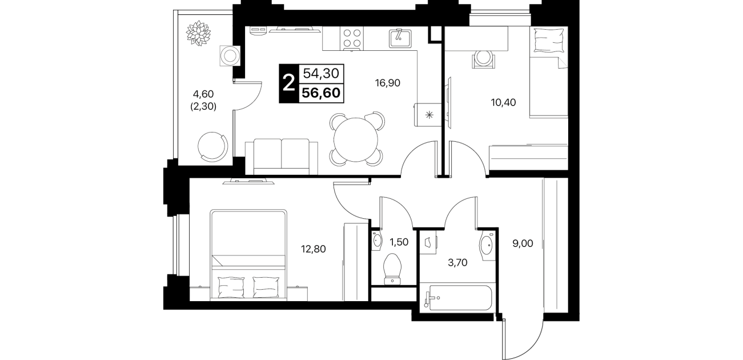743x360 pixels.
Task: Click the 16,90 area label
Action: click(387, 83)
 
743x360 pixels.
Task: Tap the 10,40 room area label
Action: click(503, 102)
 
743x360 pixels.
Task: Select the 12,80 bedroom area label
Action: click(313, 249)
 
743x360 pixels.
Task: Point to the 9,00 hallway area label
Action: click(523, 243)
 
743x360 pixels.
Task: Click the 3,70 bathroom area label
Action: click(457, 263)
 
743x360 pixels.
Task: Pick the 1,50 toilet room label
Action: click(399, 242)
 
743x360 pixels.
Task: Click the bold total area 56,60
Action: click(321, 93)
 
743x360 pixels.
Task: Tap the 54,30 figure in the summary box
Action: click(321, 73)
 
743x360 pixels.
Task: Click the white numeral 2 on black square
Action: click(288, 83)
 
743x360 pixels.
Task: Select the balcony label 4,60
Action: click(203, 94)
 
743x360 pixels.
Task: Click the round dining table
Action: click(356, 139)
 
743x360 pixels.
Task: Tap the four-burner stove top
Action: click(352, 38)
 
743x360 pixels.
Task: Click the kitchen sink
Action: click(400, 38)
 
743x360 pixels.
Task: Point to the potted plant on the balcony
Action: click(198, 33)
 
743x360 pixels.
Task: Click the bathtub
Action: click(457, 298)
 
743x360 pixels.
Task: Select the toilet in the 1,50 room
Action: click(392, 269)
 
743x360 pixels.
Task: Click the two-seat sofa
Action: click(282, 157)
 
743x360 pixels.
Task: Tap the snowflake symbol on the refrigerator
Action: click(429, 115)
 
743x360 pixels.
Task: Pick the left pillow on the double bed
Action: click(231, 287)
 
